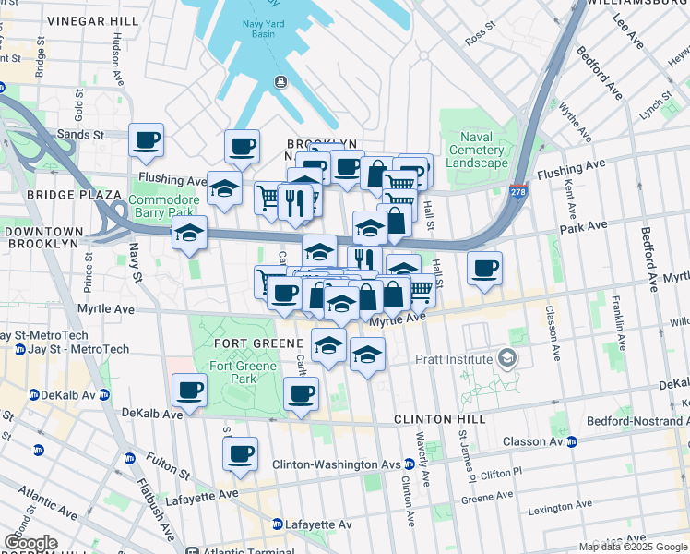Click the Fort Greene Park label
click(x=243, y=372)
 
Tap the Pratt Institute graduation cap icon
click(x=505, y=356)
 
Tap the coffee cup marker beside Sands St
click(x=146, y=140)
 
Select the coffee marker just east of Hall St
click(x=484, y=269)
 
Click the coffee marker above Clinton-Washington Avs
click(x=240, y=453)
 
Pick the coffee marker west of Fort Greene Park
click(x=189, y=390)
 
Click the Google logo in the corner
click(x=30, y=543)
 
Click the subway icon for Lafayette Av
click(x=277, y=524)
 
